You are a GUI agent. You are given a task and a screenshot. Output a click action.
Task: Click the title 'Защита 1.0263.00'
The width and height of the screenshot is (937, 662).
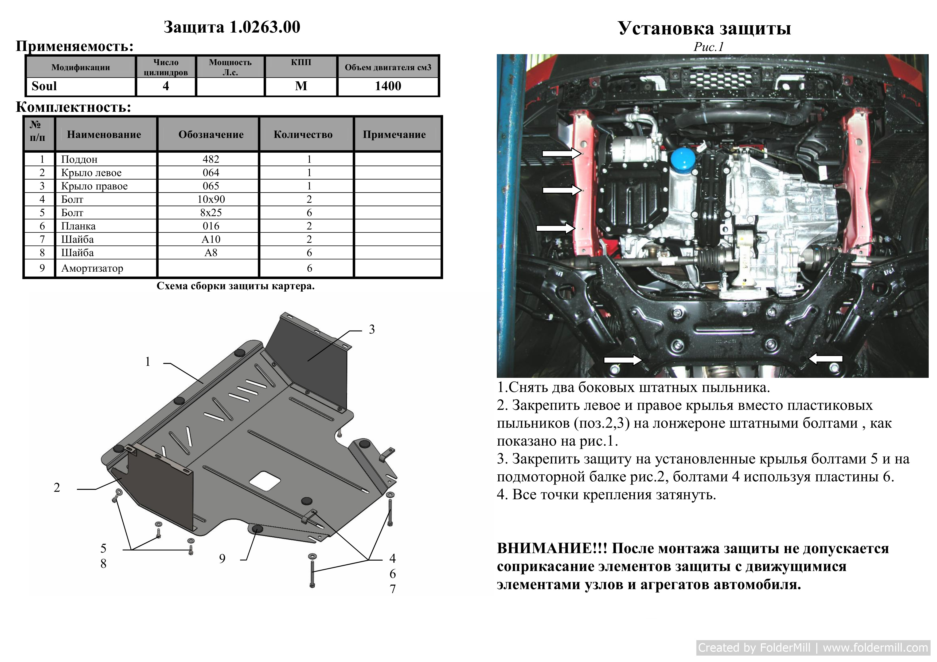pos(232,27)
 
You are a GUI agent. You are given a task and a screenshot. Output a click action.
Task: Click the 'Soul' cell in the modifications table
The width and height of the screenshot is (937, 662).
pos(44,86)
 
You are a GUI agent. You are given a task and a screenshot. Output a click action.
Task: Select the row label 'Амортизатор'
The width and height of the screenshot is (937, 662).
pos(92,268)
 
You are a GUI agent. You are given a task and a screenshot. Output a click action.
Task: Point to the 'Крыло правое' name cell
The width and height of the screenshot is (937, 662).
pos(94,186)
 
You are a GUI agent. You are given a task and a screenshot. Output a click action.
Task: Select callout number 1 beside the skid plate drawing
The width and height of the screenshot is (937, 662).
pos(148,362)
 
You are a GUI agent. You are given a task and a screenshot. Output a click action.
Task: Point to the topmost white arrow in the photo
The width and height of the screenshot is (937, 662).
pos(561,153)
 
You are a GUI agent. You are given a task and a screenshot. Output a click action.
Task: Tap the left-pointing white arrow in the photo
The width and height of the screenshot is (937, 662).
pos(825,359)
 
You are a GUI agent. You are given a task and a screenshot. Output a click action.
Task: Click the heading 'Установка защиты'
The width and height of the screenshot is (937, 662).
pos(705,28)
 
